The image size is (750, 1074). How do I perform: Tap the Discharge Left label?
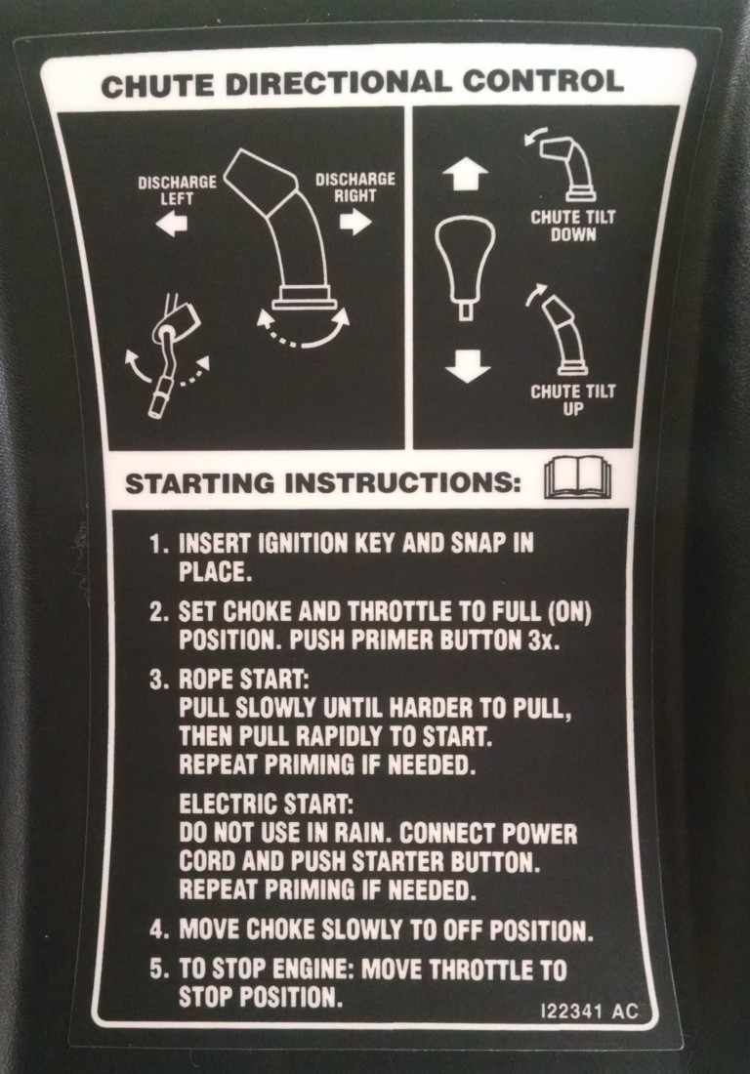pyautogui.click(x=177, y=189)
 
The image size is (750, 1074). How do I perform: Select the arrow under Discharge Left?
pyautogui.click(x=171, y=224)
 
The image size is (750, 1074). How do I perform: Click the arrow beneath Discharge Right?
pyautogui.click(x=355, y=222)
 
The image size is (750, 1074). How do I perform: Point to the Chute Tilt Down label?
pyautogui.click(x=573, y=227)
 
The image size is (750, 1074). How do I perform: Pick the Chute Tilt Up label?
pyautogui.click(x=573, y=400)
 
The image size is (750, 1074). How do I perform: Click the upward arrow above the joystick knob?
pyautogui.click(x=465, y=176)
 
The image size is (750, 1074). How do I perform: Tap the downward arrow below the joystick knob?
pyautogui.click(x=467, y=366)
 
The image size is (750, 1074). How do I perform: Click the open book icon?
pyautogui.click(x=577, y=478)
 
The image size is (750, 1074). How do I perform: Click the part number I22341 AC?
pyautogui.click(x=588, y=1012)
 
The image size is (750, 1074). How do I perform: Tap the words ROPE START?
pyautogui.click(x=244, y=680)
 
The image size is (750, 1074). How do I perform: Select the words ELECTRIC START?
pyautogui.click(x=267, y=805)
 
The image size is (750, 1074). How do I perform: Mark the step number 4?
pyautogui.click(x=159, y=930)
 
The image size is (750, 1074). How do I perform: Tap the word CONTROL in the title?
pyautogui.click(x=542, y=81)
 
